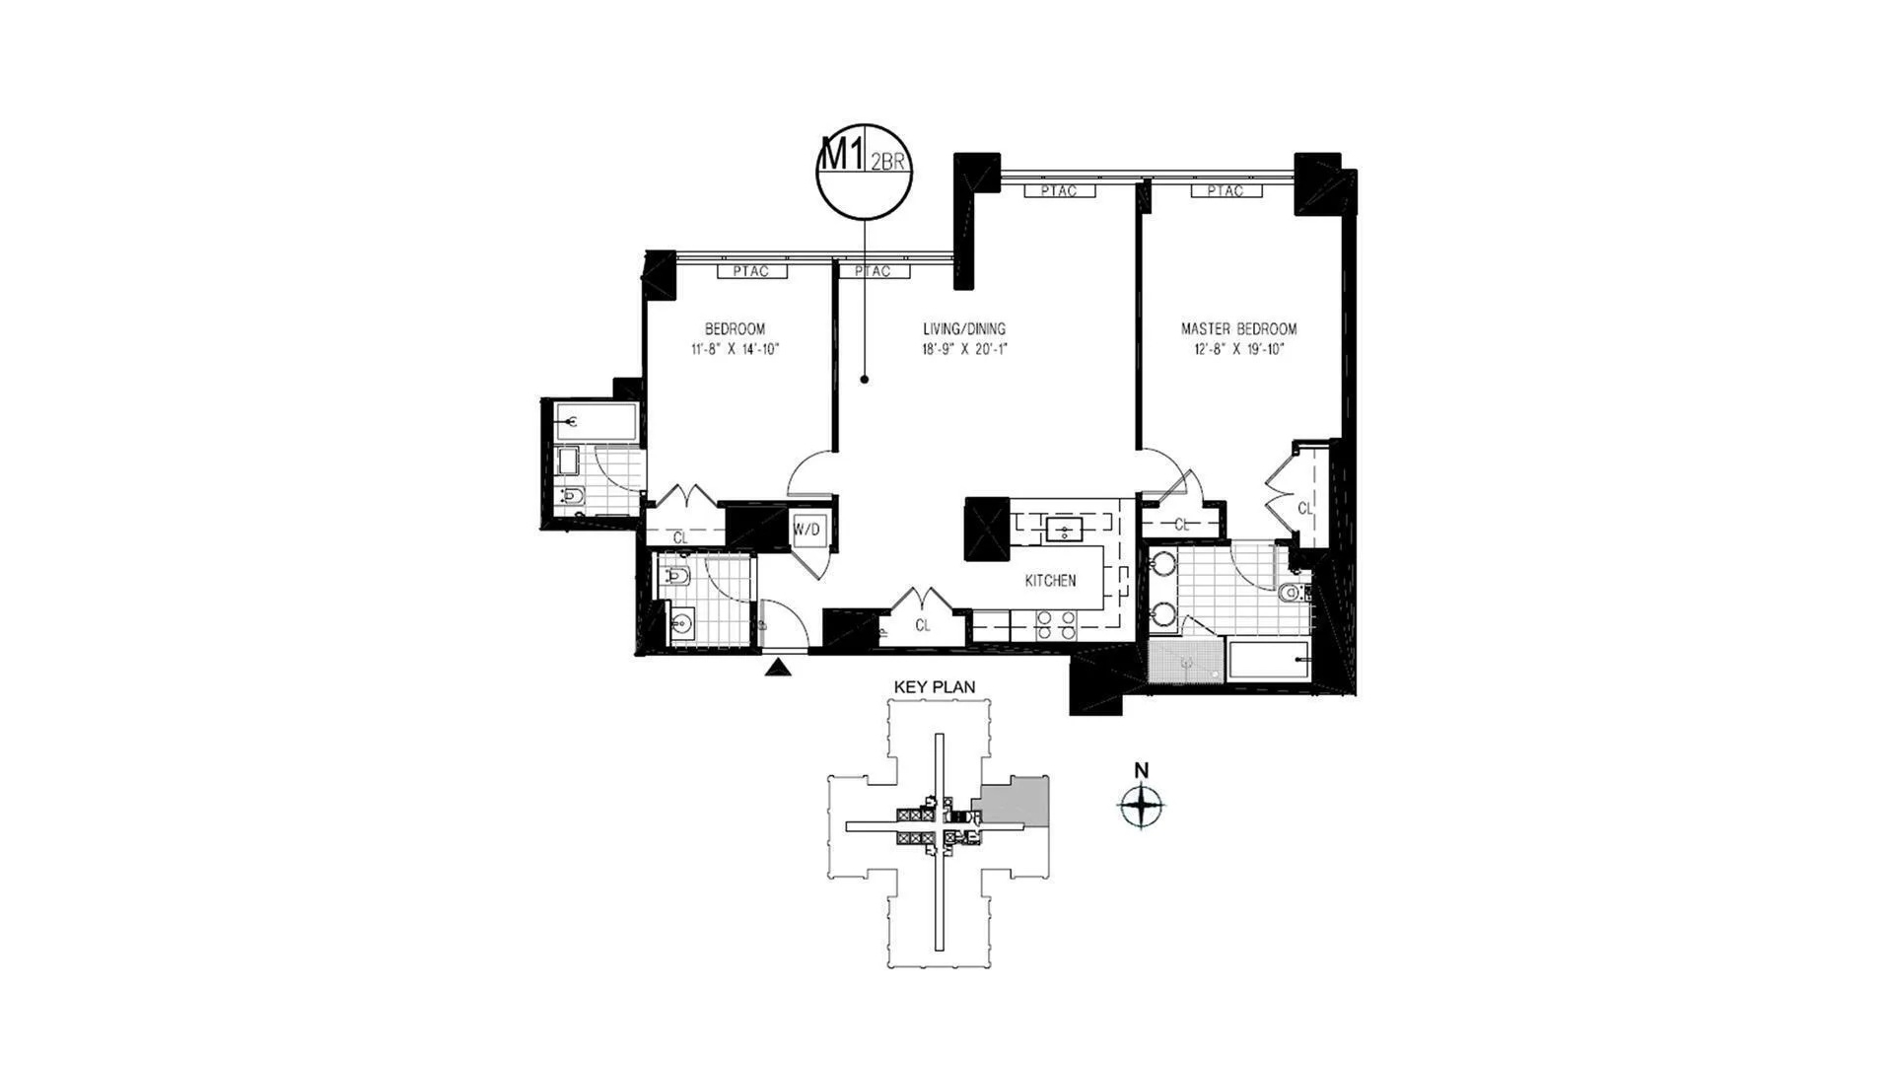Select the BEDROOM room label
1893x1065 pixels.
click(x=735, y=329)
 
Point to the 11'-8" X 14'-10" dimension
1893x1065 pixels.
click(x=735, y=349)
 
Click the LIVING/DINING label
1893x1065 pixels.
click(x=964, y=329)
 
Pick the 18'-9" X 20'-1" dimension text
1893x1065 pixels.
click(x=964, y=349)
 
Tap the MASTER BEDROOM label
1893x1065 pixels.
click(x=1239, y=329)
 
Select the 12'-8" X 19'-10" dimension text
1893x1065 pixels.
click(x=1239, y=349)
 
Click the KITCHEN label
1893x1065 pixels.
click(x=1050, y=581)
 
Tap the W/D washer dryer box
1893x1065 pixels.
click(x=806, y=531)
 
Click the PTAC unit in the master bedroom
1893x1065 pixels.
click(x=1226, y=191)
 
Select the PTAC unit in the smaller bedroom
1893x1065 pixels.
click(x=751, y=271)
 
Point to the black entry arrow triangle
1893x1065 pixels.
click(x=779, y=669)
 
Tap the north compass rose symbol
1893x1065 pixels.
click(x=1142, y=807)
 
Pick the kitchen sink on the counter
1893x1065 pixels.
click(x=1065, y=531)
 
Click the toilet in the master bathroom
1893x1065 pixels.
click(x=1293, y=594)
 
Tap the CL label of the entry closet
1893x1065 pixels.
click(x=923, y=625)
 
